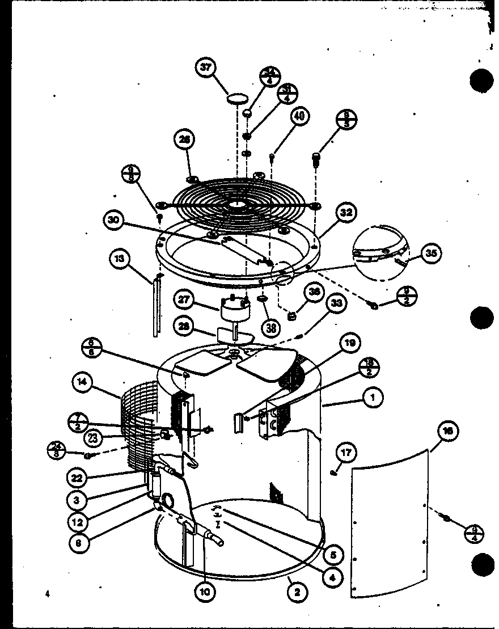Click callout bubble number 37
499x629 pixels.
tap(205, 68)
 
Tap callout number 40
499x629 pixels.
tap(299, 117)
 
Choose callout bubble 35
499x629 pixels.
tap(432, 253)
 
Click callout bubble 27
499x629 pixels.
tap(187, 298)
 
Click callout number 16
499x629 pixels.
tap(448, 430)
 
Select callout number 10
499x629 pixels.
tap(205, 592)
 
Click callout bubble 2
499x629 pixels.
tap(297, 592)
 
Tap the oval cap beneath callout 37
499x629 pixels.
tap(238, 99)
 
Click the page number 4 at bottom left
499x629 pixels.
tap(48, 593)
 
